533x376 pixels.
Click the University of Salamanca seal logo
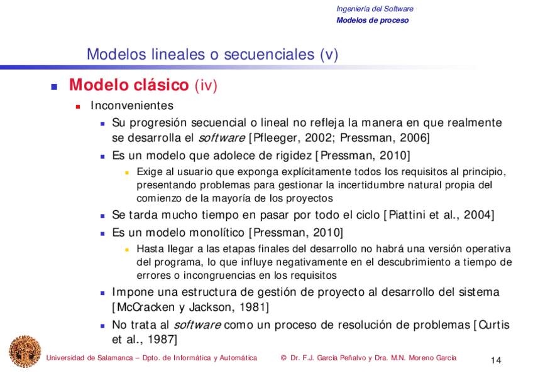tap(25, 352)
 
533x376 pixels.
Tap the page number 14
tap(495, 360)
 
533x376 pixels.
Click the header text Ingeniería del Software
tap(375, 9)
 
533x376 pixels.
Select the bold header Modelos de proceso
tap(372, 20)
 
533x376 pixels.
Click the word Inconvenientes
tap(131, 106)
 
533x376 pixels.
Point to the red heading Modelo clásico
tap(129, 85)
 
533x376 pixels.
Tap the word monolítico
tap(211, 233)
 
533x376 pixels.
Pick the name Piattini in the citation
tap(408, 215)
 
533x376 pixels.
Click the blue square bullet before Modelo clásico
tap(53, 86)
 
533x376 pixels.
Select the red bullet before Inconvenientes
tap(78, 107)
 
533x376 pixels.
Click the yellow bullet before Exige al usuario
tap(126, 172)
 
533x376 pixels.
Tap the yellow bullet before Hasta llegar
tap(126, 249)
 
